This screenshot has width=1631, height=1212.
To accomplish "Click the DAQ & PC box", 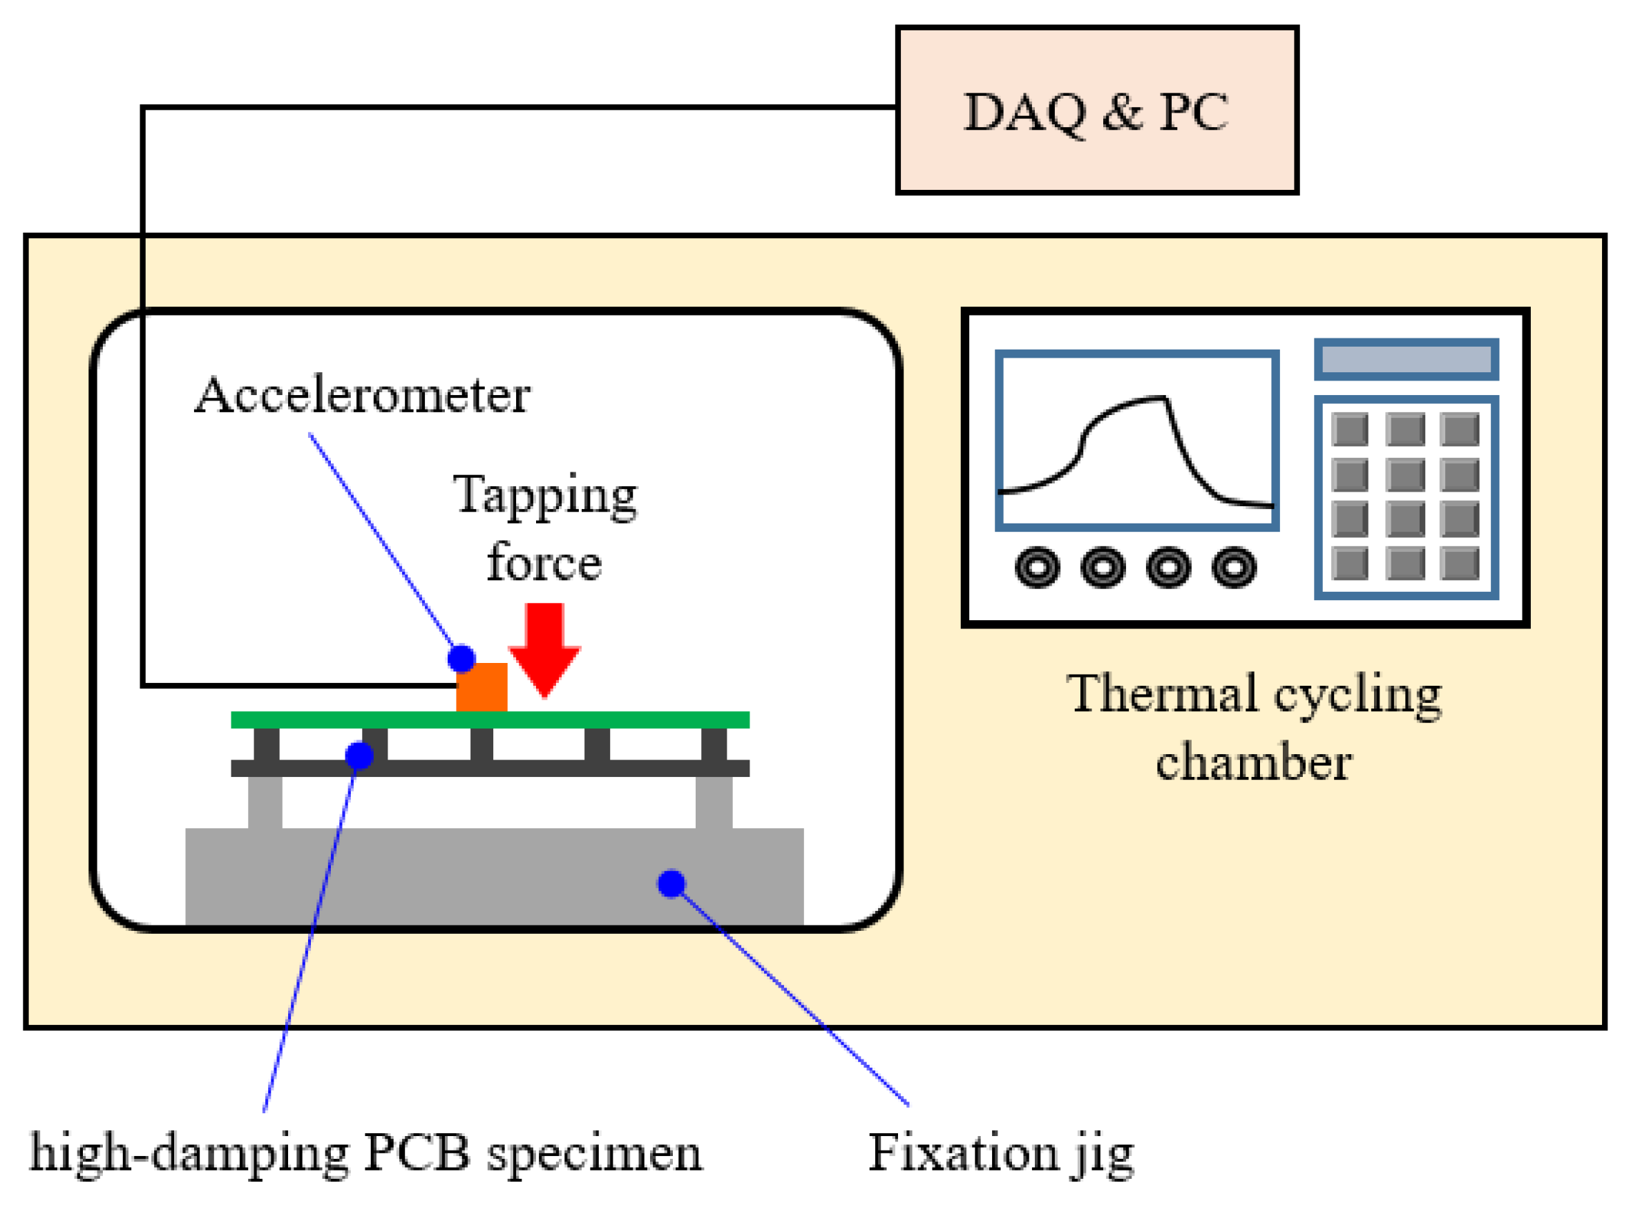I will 1096,110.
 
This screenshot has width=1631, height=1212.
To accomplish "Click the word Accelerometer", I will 362,396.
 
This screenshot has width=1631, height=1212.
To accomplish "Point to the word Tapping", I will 544,497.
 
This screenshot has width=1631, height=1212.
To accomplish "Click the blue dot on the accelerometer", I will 461,659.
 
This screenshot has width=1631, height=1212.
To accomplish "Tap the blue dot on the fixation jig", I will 671,883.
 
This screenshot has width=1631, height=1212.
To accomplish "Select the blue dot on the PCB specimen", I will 359,756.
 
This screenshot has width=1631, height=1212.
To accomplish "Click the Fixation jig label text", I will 1001,1154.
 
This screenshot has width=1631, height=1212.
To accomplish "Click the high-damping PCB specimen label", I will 365,1154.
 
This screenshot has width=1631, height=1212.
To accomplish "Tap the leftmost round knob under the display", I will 1037,567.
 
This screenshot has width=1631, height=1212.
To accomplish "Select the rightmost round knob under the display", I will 1234,567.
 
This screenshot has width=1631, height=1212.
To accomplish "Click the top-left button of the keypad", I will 1349,429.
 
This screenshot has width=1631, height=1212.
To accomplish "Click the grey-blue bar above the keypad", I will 1406,360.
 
